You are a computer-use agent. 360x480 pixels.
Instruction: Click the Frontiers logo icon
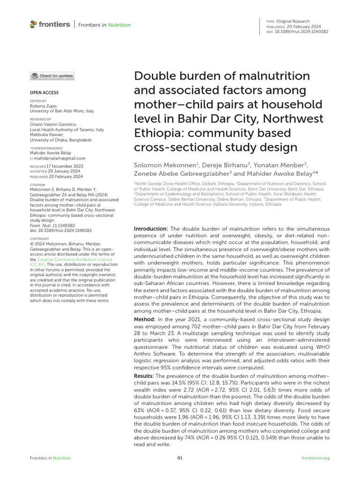coord(33,24)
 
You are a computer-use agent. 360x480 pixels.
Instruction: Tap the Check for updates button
coord(52,75)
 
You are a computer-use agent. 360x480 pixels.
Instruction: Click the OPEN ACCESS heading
coord(44,93)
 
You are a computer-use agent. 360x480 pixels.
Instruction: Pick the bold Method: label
coord(145,319)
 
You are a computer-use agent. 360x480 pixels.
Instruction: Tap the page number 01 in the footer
coord(180,458)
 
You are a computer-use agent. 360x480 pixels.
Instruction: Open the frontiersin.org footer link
coord(316,458)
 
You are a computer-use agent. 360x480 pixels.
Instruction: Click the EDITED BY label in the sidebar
coord(38,101)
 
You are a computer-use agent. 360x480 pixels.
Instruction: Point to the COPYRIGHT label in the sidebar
coord(39,239)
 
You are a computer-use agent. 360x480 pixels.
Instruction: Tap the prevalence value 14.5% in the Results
coord(180,383)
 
